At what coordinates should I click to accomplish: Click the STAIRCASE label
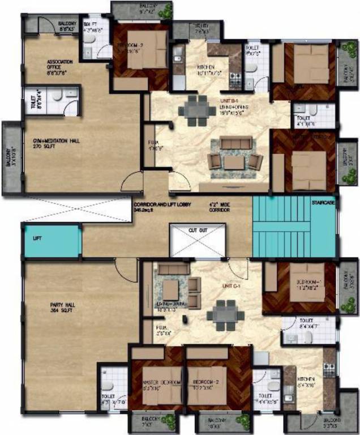point(323,202)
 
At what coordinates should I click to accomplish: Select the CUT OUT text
point(198,231)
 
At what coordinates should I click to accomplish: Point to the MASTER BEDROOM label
point(161,383)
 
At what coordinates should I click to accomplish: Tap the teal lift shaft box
point(51,241)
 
